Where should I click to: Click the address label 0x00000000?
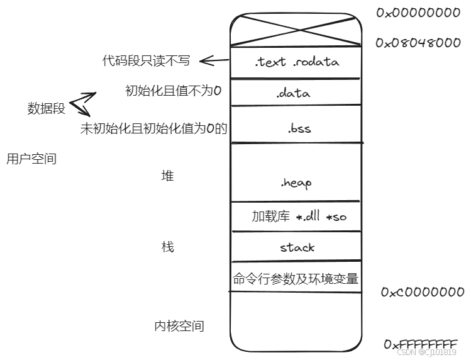tap(418, 13)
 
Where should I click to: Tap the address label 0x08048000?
tap(418, 43)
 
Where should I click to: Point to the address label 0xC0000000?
tap(423, 293)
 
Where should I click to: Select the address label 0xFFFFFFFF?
tap(420, 344)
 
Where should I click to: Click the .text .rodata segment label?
tap(296, 62)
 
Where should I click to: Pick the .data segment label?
tap(293, 93)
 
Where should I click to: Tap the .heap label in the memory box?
tap(296, 183)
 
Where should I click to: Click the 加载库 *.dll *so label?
tap(299, 217)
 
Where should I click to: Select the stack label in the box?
tap(297, 247)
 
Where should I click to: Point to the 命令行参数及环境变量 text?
tap(296, 279)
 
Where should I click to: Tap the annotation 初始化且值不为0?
tap(174, 91)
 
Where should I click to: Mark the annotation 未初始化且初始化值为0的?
tap(153, 128)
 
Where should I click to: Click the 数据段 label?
tap(47, 108)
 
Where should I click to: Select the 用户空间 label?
tap(31, 159)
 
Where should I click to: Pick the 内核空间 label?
tap(179, 326)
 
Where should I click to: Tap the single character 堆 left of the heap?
tap(167, 176)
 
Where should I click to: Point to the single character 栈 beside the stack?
tap(167, 247)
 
